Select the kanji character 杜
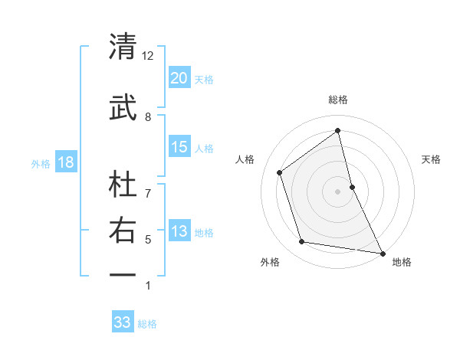pos(123,184)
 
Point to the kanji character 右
pos(123,231)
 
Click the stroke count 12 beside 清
pos(147,56)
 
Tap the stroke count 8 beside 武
pos(148,116)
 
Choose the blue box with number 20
pos(179,78)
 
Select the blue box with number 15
pos(179,147)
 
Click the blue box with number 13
pos(179,231)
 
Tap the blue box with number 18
pos(65,162)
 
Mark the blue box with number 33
pos(123,322)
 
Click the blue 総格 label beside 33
pos(147,324)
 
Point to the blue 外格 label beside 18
pos(41,163)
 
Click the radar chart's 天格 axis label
pos(431,159)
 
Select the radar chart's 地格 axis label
pos(402,262)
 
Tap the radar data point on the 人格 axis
pos(280,172)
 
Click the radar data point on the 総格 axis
pos(337,130)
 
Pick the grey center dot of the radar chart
pos(337,191)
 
